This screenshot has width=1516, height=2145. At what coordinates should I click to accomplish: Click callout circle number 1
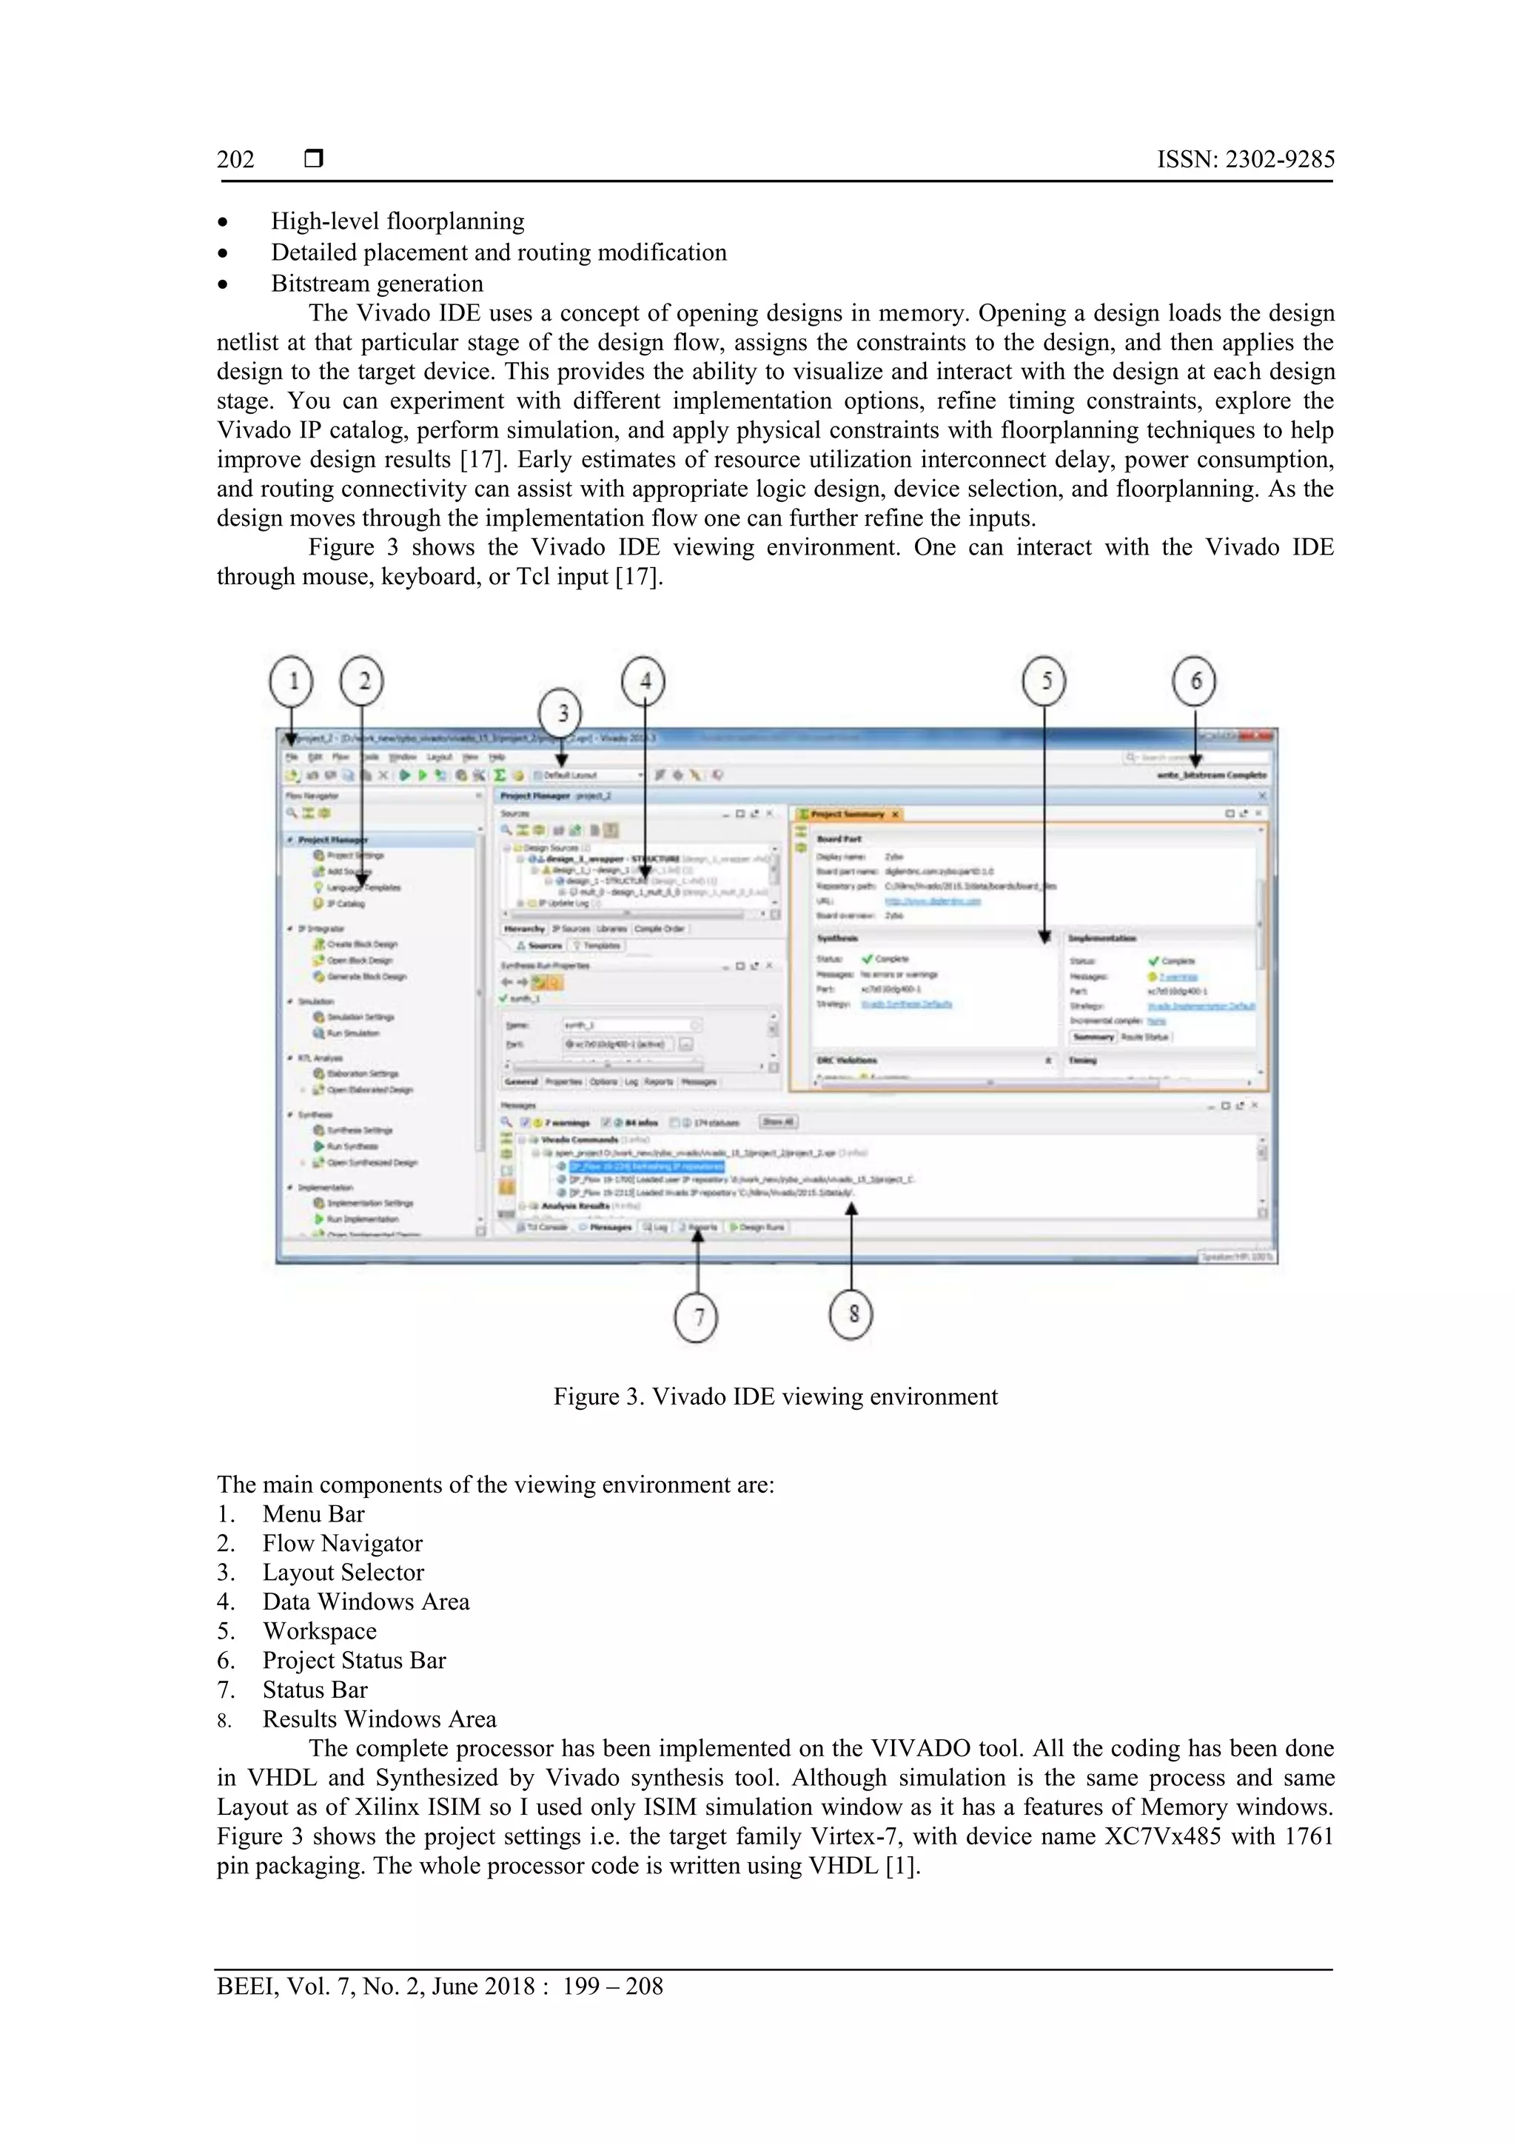292,681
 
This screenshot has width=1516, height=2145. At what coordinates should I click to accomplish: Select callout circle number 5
1044,681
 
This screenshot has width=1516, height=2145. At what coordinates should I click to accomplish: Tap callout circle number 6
1195,681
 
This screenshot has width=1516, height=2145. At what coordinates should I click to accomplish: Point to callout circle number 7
696,1317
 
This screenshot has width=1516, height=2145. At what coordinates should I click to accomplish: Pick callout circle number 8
851,1314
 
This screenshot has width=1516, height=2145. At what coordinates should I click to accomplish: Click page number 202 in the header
235,160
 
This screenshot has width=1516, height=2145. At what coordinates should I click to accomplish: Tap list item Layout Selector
343,1573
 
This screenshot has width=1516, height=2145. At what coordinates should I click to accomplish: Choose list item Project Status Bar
354,1660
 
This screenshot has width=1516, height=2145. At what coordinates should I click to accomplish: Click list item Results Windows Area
379,1719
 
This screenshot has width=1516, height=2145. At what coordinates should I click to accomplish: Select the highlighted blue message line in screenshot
645,1166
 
